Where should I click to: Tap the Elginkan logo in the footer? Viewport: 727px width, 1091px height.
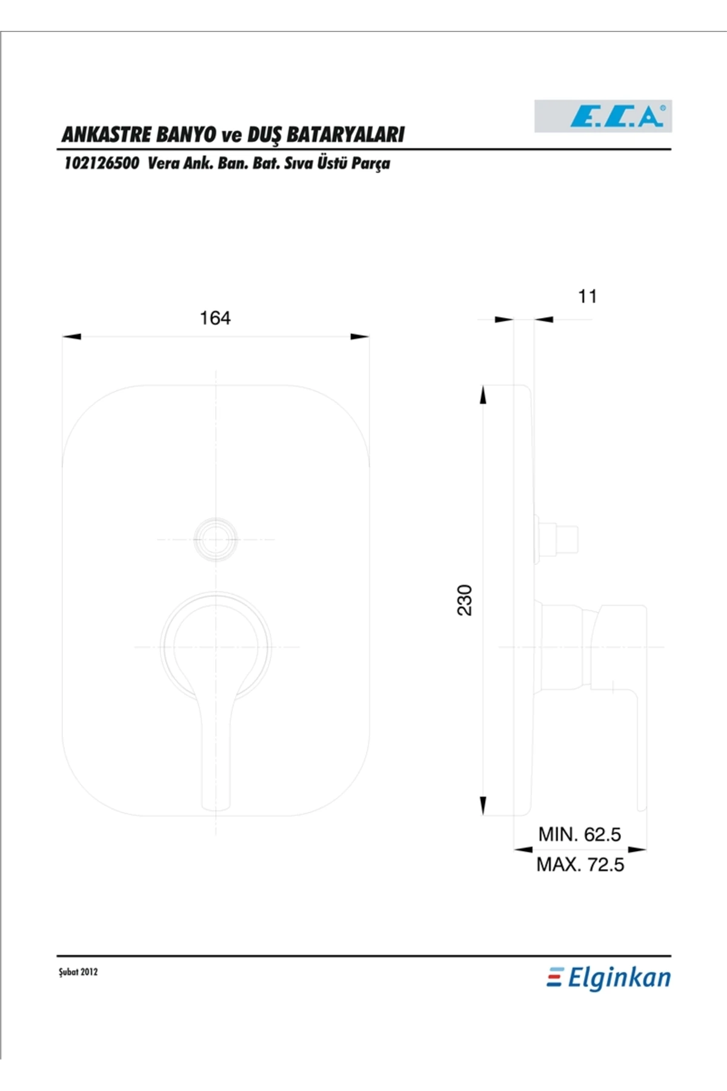[x=609, y=978]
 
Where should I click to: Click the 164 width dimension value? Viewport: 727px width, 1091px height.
[x=215, y=318]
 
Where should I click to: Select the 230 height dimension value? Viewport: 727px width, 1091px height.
[x=464, y=600]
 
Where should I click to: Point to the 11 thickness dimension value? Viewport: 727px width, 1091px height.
[x=587, y=296]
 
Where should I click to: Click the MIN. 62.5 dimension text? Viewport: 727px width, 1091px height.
[x=580, y=835]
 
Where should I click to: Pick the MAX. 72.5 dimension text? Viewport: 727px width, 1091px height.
[x=580, y=864]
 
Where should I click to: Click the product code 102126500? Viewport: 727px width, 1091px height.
[x=101, y=163]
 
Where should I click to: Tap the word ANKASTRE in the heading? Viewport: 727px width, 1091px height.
[x=107, y=134]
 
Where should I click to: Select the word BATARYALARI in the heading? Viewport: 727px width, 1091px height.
[x=345, y=134]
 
